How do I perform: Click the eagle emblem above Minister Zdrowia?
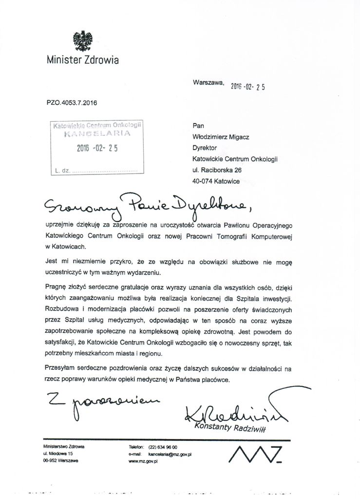pyautogui.click(x=82, y=41)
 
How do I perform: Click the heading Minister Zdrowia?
pyautogui.click(x=82, y=60)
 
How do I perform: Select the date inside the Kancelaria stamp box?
pyautogui.click(x=97, y=150)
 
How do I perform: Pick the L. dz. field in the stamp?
pyautogui.click(x=95, y=171)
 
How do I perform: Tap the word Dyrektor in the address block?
pyautogui.click(x=204, y=148)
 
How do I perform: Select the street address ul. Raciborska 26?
pyautogui.click(x=217, y=170)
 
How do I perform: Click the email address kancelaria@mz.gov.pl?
pyautogui.click(x=170, y=454)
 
